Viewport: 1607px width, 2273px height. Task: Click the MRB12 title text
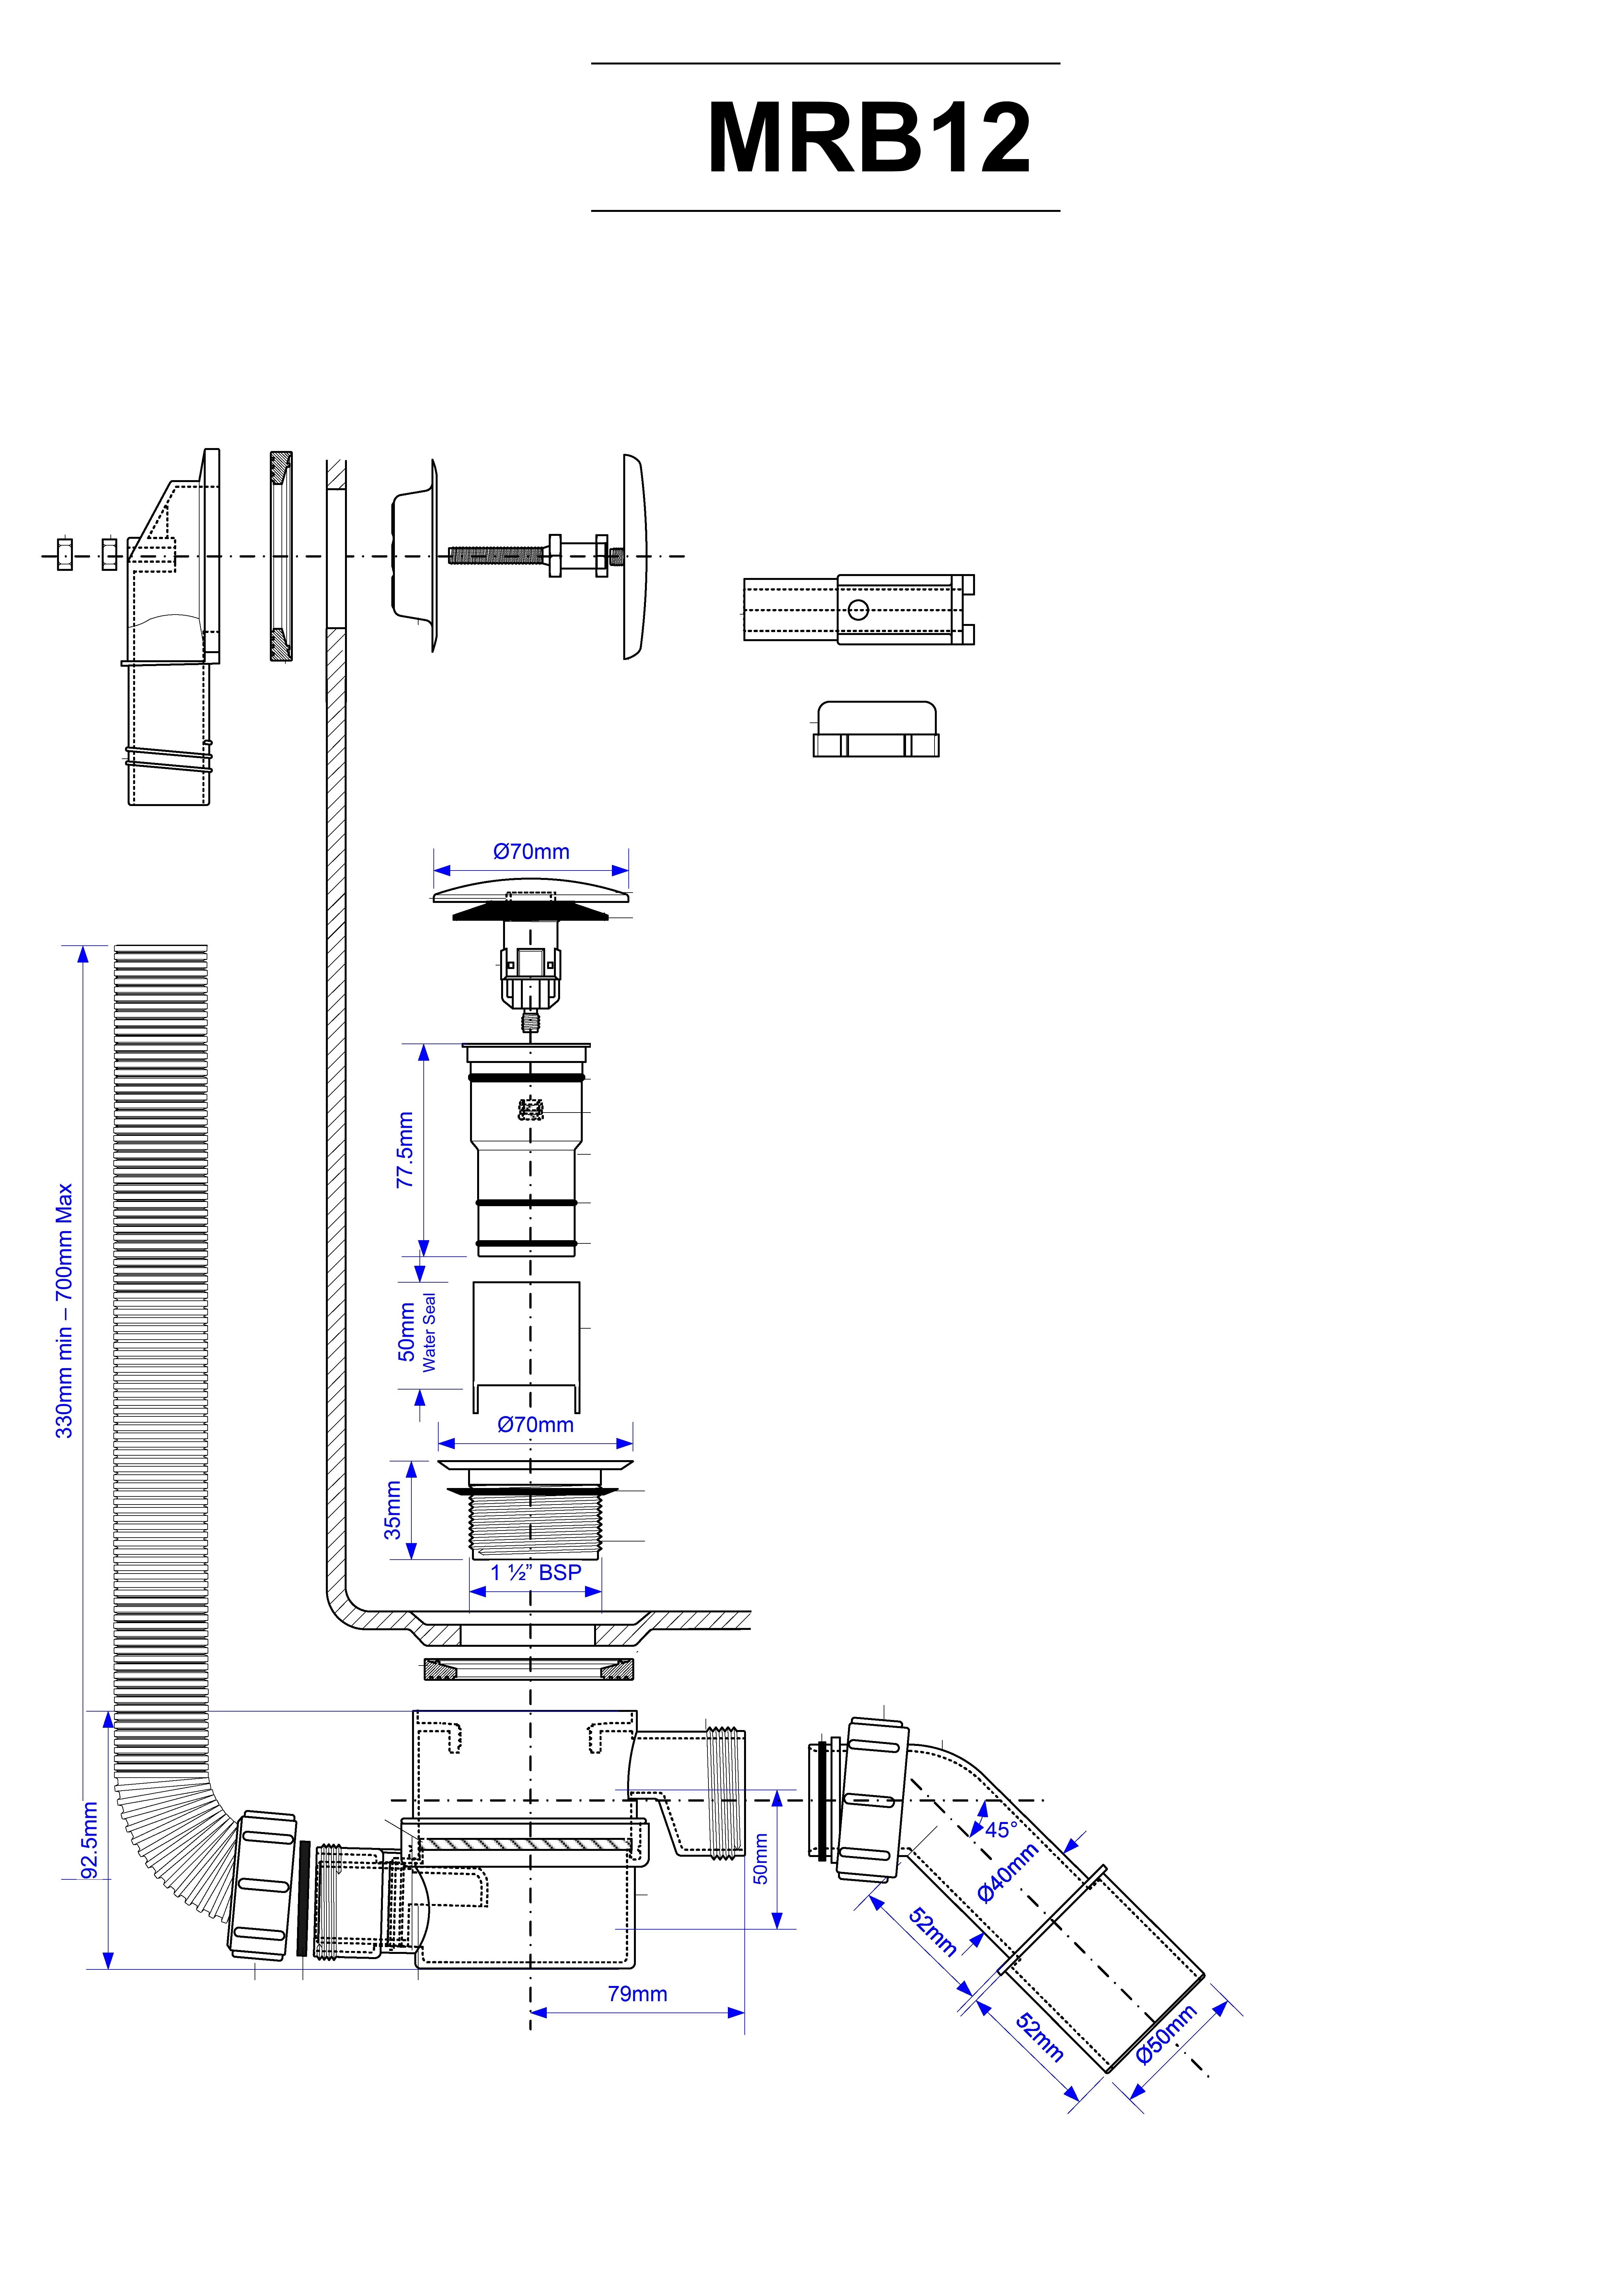(868, 139)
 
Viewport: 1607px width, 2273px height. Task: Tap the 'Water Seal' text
(429, 1333)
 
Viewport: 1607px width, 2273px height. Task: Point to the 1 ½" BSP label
(536, 1572)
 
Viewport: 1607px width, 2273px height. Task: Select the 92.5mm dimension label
(89, 1840)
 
